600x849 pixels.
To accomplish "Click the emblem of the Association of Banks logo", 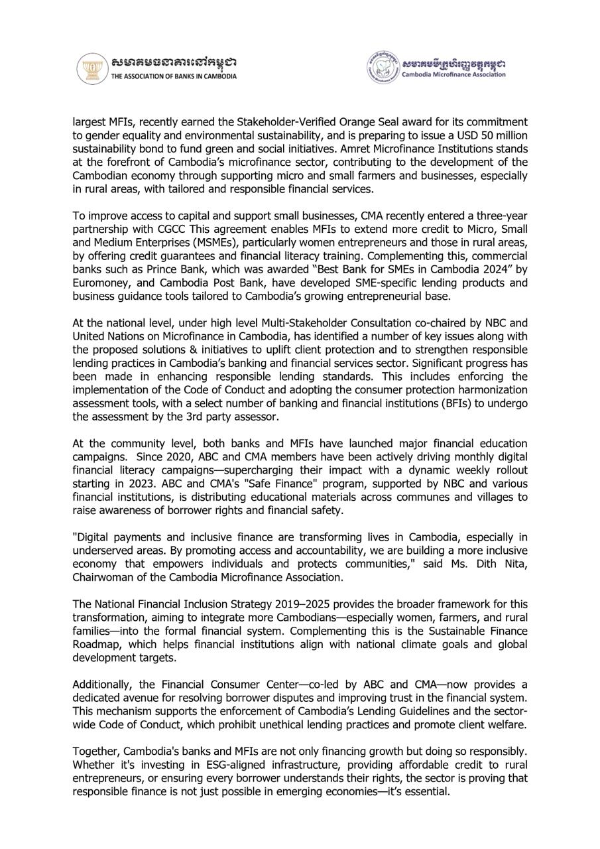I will [x=92, y=68].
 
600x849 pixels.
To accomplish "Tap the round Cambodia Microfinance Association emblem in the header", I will [x=383, y=68].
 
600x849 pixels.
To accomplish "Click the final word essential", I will [x=428, y=791].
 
